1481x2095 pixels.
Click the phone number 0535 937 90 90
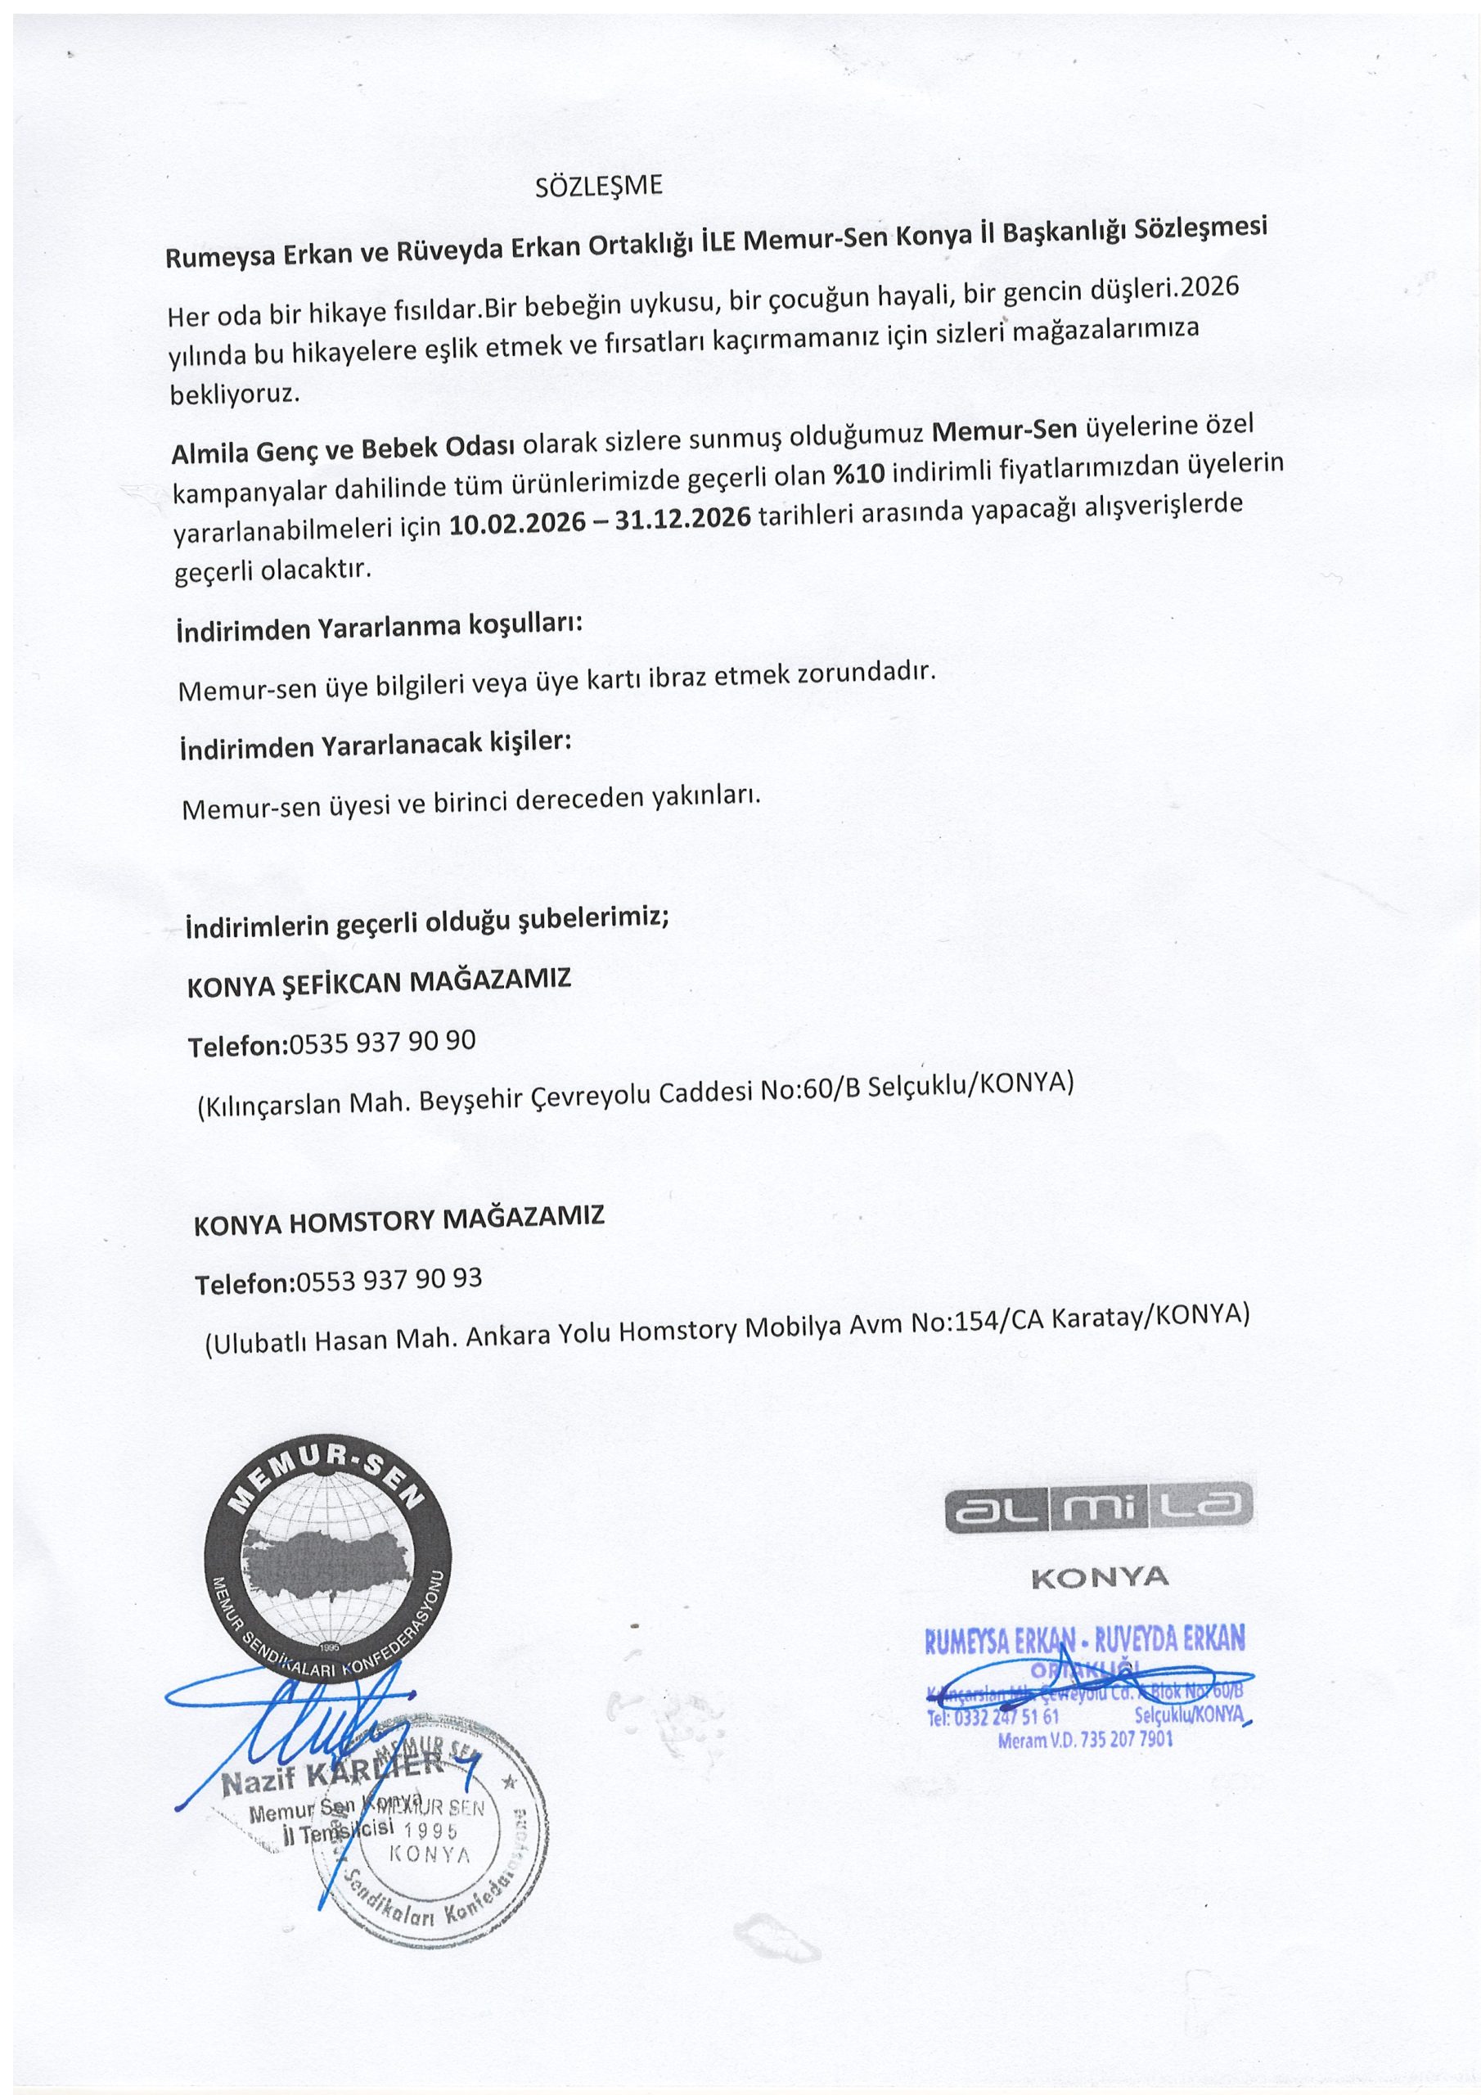click(x=381, y=1042)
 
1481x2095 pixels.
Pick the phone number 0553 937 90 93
click(x=387, y=1280)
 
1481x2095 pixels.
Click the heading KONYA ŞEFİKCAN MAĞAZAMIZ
click(x=379, y=983)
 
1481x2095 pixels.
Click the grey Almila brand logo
click(x=1099, y=1516)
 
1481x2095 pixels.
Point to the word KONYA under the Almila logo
click(x=1100, y=1578)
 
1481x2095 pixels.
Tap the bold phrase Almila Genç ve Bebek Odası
click(x=344, y=450)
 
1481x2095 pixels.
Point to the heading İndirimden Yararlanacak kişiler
click(x=375, y=746)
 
